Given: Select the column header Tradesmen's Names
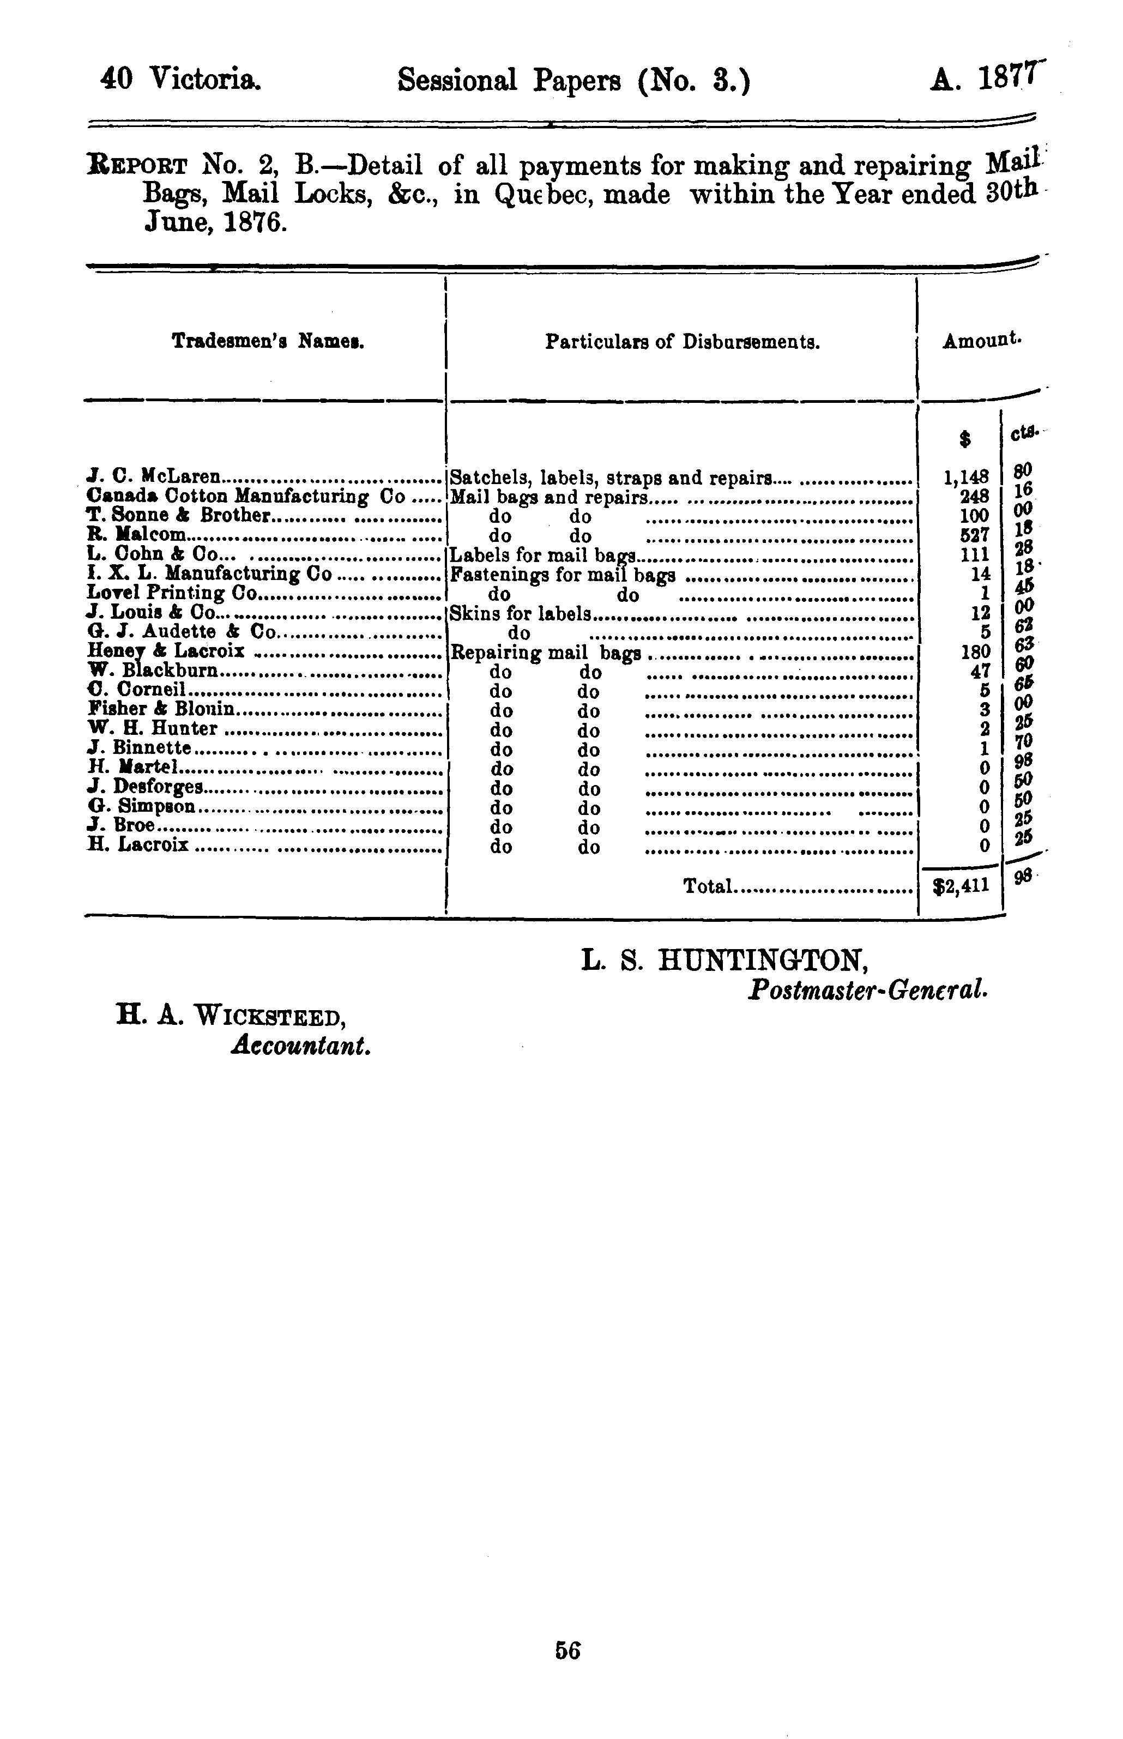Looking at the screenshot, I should (268, 341).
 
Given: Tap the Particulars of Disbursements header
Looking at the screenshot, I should (683, 342).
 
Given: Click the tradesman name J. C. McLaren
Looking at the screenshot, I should (153, 477).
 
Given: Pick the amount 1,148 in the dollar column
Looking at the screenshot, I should (966, 478).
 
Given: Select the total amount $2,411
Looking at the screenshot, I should (962, 886).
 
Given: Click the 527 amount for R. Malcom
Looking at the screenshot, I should (974, 536).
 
